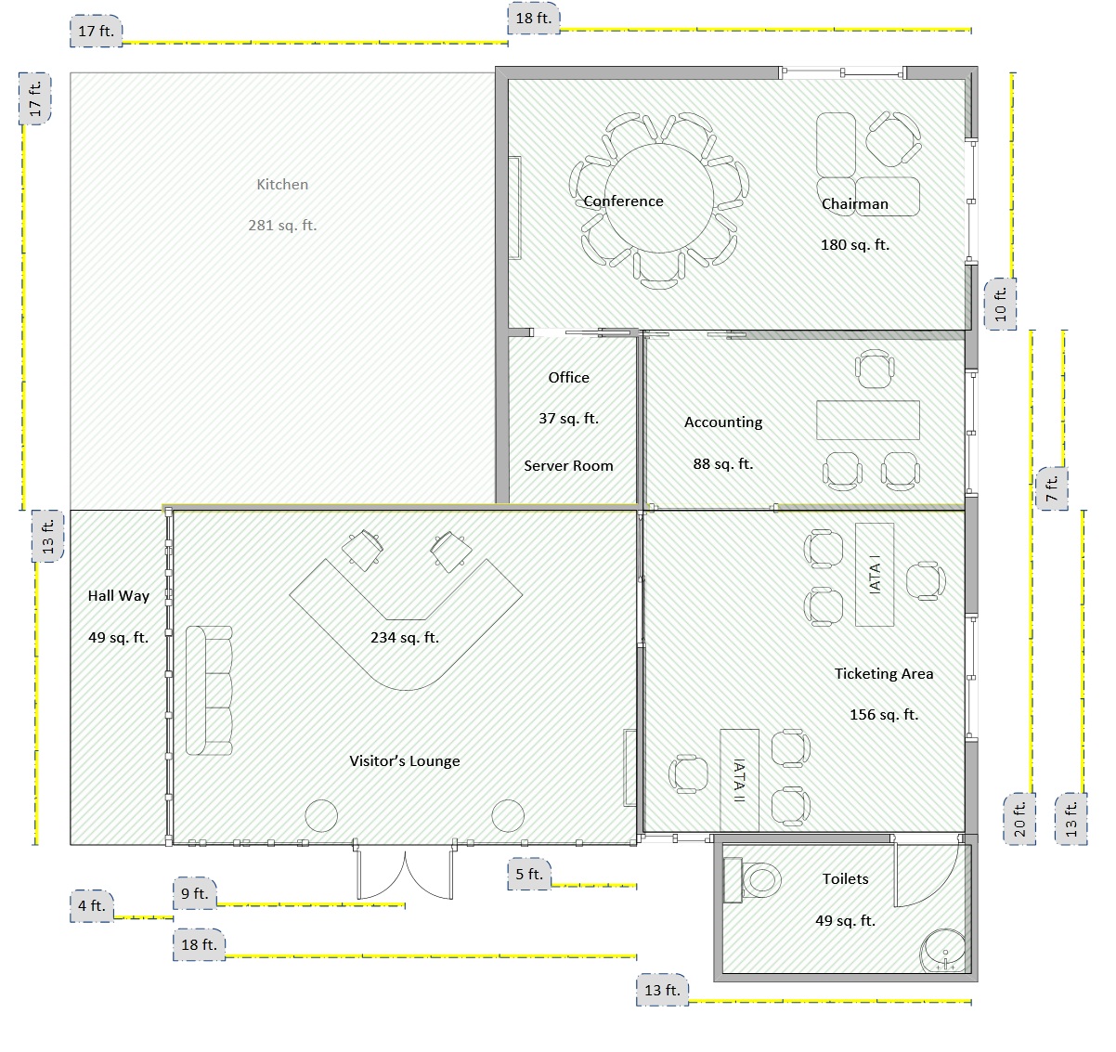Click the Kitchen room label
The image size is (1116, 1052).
tap(282, 185)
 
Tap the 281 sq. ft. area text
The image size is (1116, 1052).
tap(282, 226)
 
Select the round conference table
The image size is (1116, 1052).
tap(658, 199)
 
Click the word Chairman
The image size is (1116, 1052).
tap(855, 203)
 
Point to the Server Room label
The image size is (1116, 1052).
tap(568, 465)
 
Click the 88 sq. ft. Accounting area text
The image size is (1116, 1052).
tap(722, 463)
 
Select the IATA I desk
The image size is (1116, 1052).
tap(875, 575)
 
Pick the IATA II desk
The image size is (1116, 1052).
tap(739, 780)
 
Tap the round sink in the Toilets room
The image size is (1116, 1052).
tap(943, 951)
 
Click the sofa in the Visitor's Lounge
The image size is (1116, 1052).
tap(209, 690)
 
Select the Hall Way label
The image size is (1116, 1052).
tap(119, 596)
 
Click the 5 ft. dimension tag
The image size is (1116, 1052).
tap(529, 874)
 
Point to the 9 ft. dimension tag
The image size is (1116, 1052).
tap(194, 893)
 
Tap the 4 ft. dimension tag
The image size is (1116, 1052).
tap(92, 905)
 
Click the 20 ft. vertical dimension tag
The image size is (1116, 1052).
tap(1019, 819)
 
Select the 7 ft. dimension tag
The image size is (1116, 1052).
tap(1051, 488)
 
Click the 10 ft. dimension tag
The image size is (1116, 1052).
tap(1000, 304)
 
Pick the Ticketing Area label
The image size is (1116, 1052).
tap(883, 673)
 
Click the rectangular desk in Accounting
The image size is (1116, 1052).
tap(867, 420)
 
